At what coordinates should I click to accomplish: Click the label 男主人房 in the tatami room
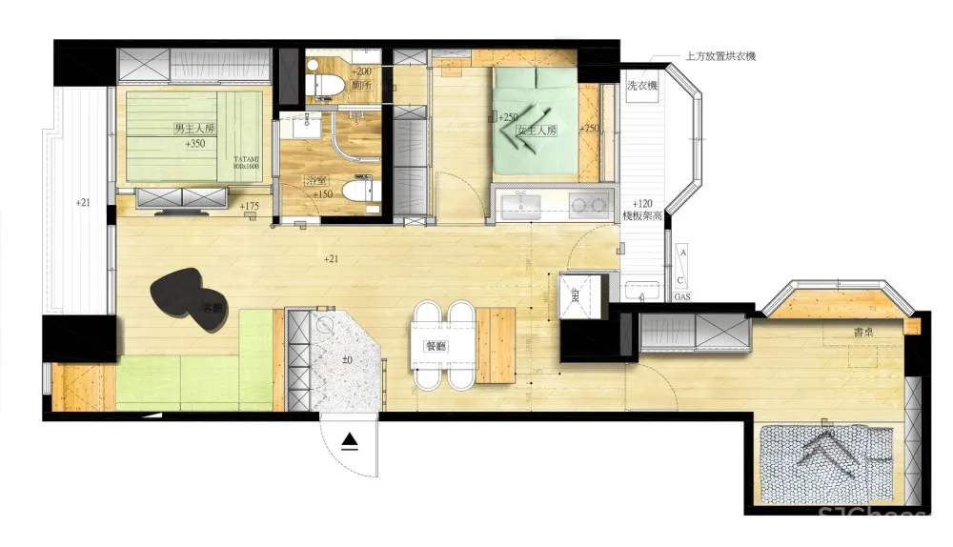pyautogui.click(x=194, y=128)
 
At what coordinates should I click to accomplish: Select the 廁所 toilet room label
pyautogui.click(x=360, y=86)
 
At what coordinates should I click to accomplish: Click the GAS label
pyautogui.click(x=682, y=297)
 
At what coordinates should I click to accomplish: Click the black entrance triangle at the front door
pyautogui.click(x=351, y=441)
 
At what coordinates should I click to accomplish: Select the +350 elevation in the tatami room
pyautogui.click(x=195, y=145)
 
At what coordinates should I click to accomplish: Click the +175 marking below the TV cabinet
pyautogui.click(x=250, y=206)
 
